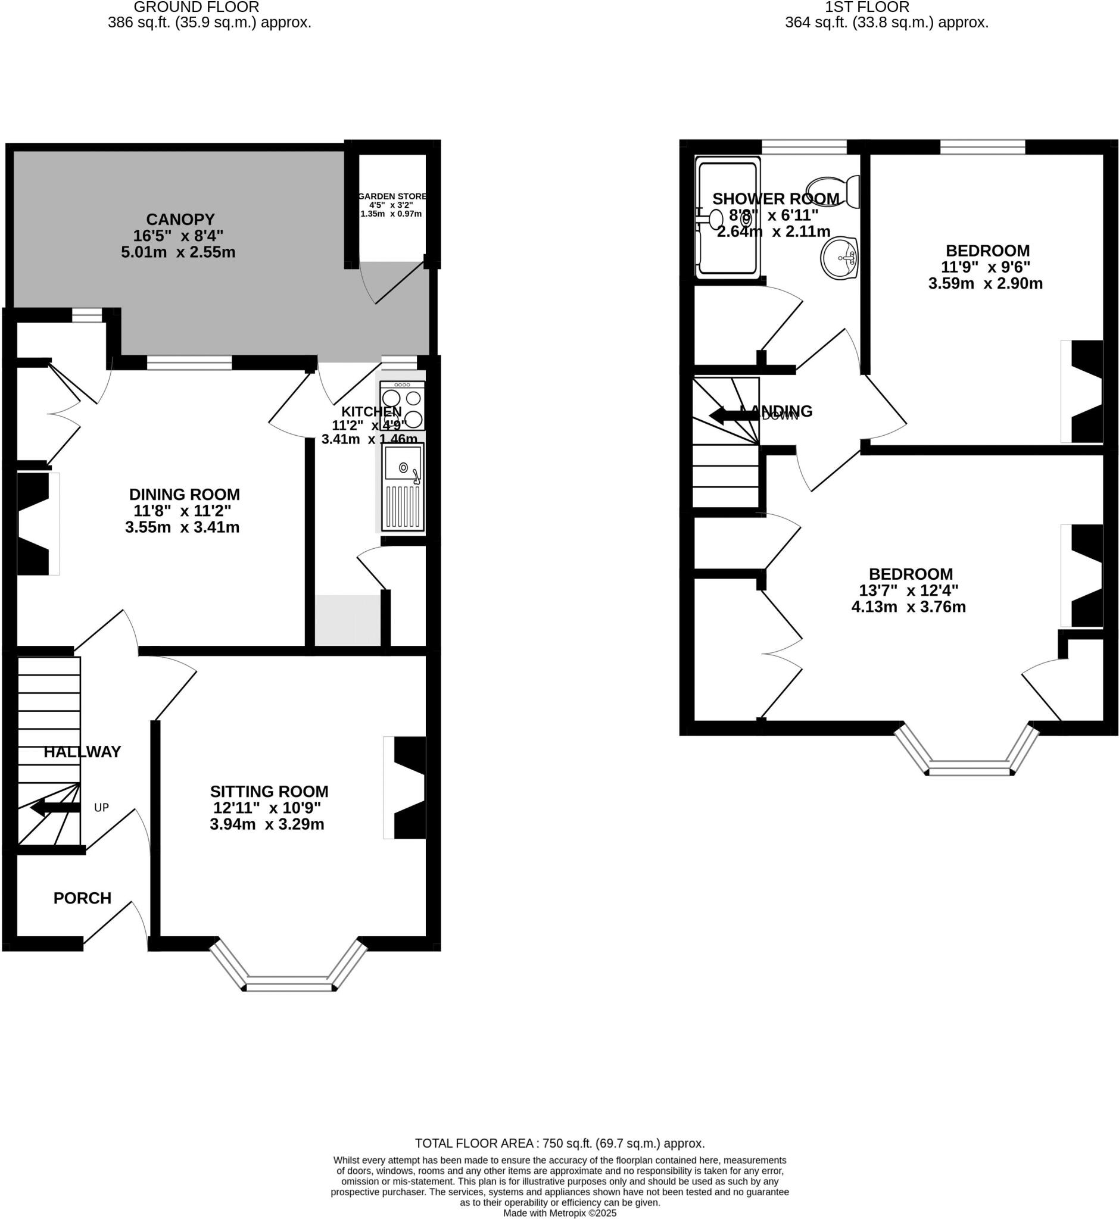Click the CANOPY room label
pyautogui.click(x=180, y=219)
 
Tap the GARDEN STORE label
pyautogui.click(x=392, y=196)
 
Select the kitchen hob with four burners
pyautogui.click(x=402, y=406)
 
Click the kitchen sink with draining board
pyautogui.click(x=403, y=487)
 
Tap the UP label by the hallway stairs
pyautogui.click(x=101, y=808)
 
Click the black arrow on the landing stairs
pyautogui.click(x=733, y=415)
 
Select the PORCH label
pyautogui.click(x=82, y=898)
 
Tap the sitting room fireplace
pyautogui.click(x=406, y=787)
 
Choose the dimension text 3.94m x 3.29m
pyautogui.click(x=267, y=824)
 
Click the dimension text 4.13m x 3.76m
pyautogui.click(x=908, y=607)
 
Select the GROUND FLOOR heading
pyautogui.click(x=196, y=7)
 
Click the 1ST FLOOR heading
pyautogui.click(x=866, y=7)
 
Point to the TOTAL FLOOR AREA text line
pyautogui.click(x=560, y=1143)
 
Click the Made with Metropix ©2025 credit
pyautogui.click(x=560, y=1213)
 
